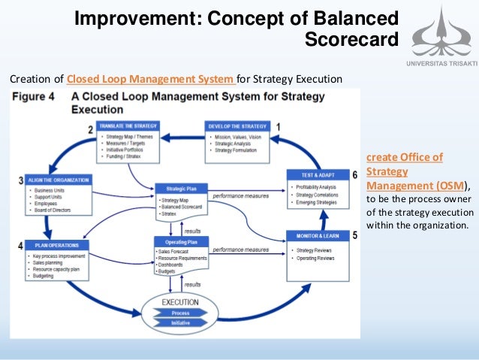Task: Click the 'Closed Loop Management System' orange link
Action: point(151,78)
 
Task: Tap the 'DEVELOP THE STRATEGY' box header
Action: point(237,127)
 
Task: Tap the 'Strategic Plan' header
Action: point(181,188)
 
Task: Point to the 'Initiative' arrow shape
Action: point(180,322)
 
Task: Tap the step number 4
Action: point(20,246)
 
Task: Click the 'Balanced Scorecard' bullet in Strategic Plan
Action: point(185,207)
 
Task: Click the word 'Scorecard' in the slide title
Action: point(351,38)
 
